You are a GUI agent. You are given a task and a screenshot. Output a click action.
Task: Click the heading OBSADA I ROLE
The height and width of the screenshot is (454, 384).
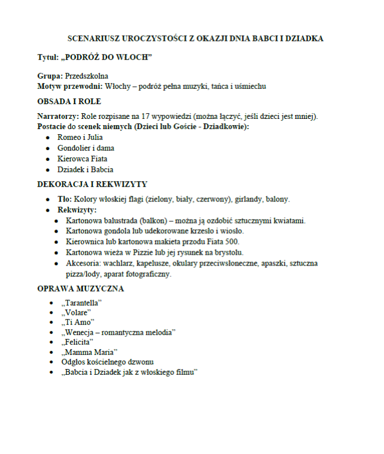click(69, 101)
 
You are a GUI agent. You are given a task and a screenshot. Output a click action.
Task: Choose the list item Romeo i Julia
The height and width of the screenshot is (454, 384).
click(80, 138)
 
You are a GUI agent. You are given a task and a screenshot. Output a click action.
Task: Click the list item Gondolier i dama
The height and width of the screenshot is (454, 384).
click(86, 148)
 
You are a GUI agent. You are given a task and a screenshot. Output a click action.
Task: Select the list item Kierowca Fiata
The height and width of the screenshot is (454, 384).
click(83, 159)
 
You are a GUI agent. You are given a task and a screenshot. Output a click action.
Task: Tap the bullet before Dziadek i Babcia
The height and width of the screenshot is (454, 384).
click(49, 170)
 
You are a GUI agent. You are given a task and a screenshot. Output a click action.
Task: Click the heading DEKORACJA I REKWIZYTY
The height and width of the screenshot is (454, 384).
click(92, 184)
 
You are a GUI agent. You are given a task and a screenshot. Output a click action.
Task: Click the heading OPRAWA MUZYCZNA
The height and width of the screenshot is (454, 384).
click(80, 289)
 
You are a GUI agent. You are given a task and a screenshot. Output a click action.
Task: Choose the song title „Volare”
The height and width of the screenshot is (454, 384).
click(76, 312)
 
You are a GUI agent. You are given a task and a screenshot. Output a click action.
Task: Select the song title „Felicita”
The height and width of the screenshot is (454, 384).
click(78, 342)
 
